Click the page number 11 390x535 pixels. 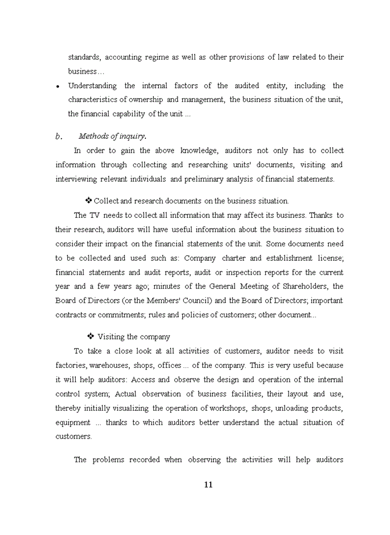(x=208, y=484)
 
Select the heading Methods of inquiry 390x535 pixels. (x=113, y=136)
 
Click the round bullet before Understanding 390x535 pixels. (x=58, y=87)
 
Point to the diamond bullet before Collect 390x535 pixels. (x=88, y=201)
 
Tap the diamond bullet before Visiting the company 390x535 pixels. (x=90, y=337)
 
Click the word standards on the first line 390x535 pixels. (x=84, y=57)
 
